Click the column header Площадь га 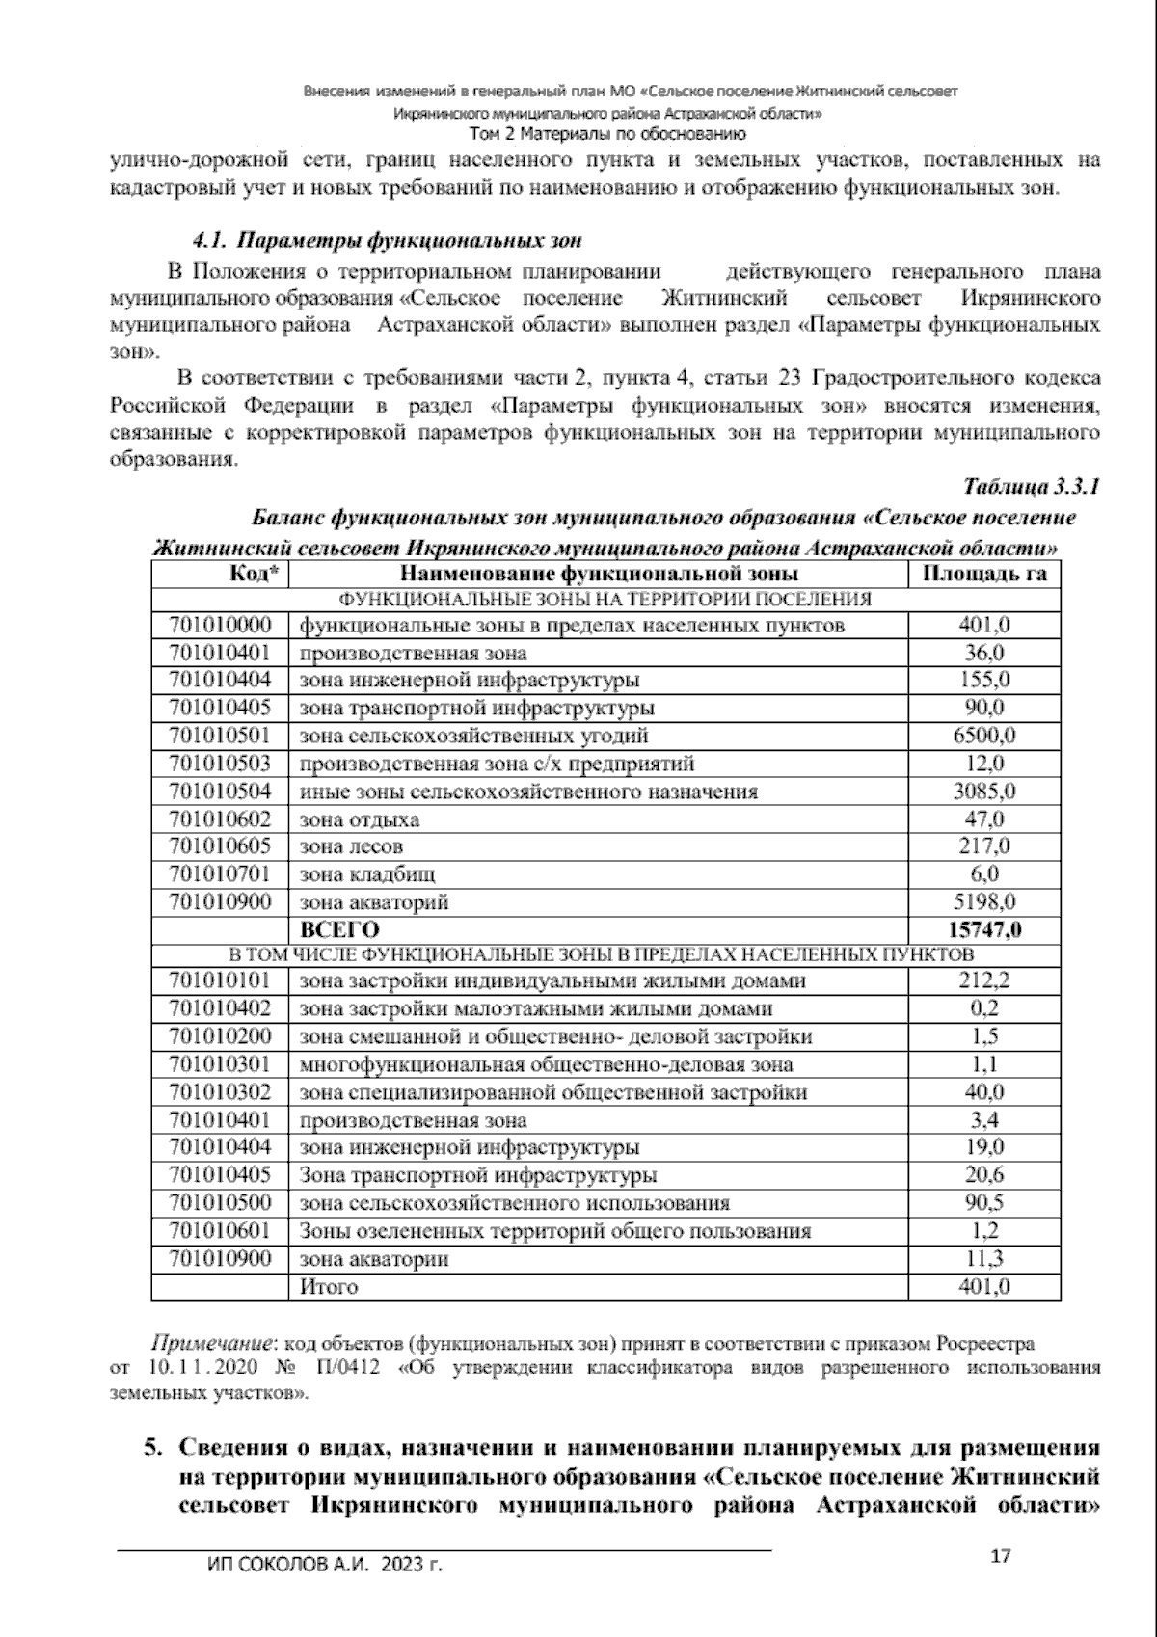[x=984, y=575]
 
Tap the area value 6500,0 [x=984, y=736]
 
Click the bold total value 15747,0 [x=984, y=930]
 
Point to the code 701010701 [x=221, y=874]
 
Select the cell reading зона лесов [x=351, y=846]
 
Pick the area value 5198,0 [x=984, y=902]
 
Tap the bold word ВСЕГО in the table [x=340, y=930]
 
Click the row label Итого [x=329, y=1287]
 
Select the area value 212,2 [x=984, y=981]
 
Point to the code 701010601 [x=221, y=1231]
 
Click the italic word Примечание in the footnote [x=211, y=1344]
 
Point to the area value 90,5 [x=984, y=1203]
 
